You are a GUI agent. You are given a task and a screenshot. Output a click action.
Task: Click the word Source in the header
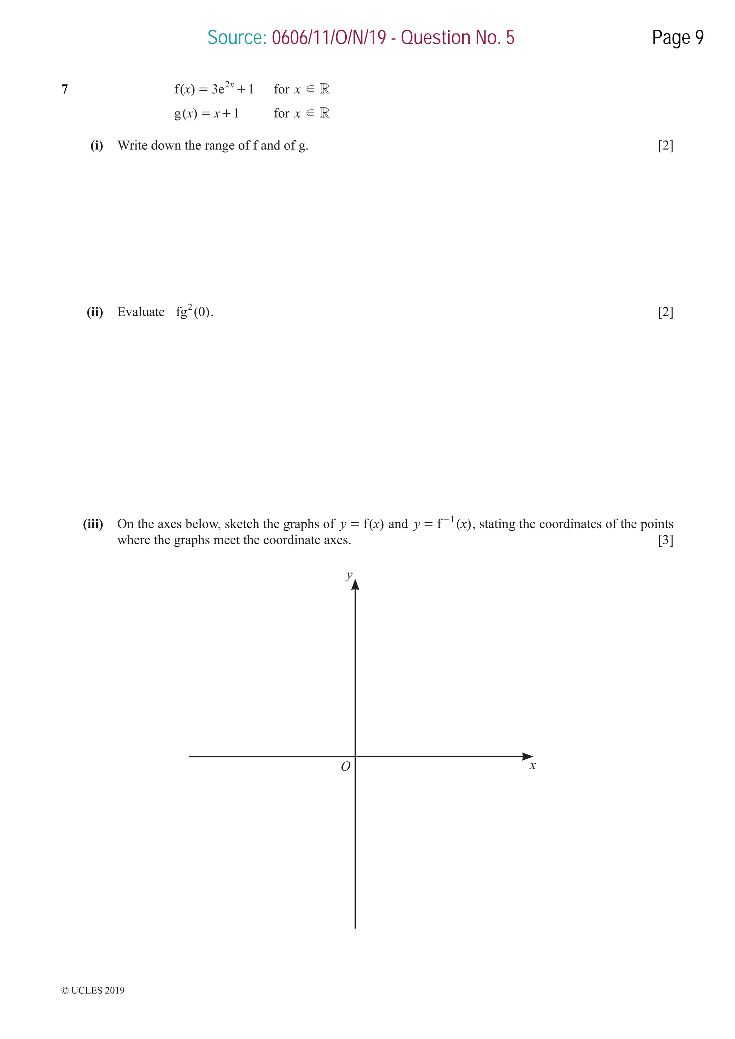click(x=236, y=38)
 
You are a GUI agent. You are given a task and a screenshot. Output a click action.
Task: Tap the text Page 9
click(x=678, y=38)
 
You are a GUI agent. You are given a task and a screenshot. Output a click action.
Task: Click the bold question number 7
click(x=65, y=90)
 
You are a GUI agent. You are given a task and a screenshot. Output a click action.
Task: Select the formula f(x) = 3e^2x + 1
click(x=214, y=88)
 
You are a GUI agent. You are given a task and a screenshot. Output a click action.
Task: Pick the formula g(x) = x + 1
click(x=206, y=113)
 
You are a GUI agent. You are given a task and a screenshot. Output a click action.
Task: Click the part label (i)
click(x=97, y=146)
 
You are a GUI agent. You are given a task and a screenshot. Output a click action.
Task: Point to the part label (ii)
click(x=95, y=312)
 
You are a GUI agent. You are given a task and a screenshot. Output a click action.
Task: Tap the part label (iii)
click(x=93, y=524)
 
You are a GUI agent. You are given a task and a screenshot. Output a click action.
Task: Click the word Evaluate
click(x=141, y=312)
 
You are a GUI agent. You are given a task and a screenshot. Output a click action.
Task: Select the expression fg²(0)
click(x=194, y=312)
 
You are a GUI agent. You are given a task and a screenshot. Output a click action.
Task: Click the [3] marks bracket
click(x=665, y=540)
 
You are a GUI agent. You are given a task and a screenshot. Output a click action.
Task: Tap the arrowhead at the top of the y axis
click(x=355, y=585)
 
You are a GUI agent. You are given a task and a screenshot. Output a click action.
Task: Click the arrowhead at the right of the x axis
click(x=527, y=757)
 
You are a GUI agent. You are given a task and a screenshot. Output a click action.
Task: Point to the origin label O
click(x=346, y=767)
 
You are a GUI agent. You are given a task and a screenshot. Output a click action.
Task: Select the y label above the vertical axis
click(x=349, y=575)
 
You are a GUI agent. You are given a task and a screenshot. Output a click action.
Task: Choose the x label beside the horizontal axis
click(x=533, y=766)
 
